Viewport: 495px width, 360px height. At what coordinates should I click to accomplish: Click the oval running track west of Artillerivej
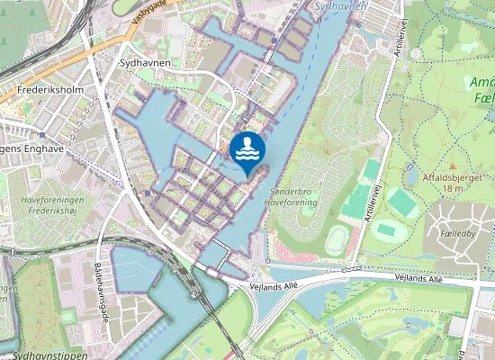(x=337, y=240)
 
